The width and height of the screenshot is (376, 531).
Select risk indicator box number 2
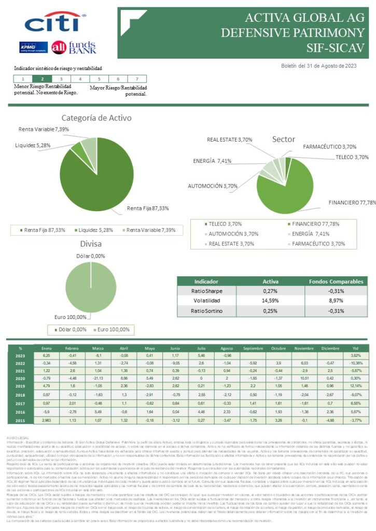(42, 79)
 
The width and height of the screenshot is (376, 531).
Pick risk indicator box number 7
(137, 79)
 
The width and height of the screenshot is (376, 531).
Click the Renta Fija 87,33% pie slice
(93, 181)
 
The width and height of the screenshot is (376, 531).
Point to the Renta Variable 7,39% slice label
(44, 129)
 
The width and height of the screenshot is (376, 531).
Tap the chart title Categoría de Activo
(96, 118)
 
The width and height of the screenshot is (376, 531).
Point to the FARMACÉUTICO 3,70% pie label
(330, 147)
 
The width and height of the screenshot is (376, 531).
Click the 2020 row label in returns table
(21, 379)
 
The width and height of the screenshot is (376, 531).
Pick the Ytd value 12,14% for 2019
(356, 387)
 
